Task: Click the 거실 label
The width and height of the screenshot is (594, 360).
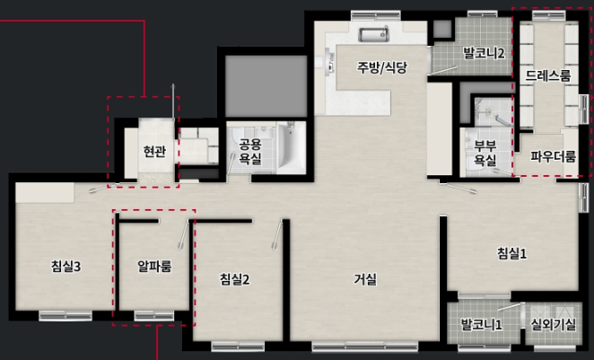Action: (x=365, y=280)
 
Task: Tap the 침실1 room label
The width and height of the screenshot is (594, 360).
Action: (x=511, y=253)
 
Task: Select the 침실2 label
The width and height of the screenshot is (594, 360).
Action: (x=235, y=280)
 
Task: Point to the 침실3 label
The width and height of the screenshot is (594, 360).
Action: (x=66, y=267)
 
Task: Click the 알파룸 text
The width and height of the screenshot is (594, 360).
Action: (x=154, y=267)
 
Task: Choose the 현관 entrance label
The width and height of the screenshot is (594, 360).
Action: (x=154, y=151)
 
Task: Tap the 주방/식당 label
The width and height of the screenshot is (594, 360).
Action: (x=382, y=67)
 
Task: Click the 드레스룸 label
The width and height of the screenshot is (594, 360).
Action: (x=547, y=75)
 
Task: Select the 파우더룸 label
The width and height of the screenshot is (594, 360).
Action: (x=553, y=156)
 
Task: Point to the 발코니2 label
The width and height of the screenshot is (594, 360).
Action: (x=485, y=53)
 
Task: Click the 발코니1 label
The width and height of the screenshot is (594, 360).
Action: (x=482, y=324)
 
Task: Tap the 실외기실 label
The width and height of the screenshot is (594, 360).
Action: (x=553, y=324)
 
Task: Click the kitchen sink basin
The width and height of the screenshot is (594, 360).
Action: (x=374, y=35)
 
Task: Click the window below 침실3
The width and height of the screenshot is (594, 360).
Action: (x=66, y=316)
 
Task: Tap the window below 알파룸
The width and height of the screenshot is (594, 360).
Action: (x=154, y=316)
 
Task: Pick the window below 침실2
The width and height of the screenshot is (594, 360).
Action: (x=238, y=346)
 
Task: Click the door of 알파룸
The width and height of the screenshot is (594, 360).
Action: (x=184, y=235)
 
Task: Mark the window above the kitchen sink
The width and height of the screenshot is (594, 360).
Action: (x=375, y=15)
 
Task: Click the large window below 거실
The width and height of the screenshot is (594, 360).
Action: (x=365, y=346)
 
